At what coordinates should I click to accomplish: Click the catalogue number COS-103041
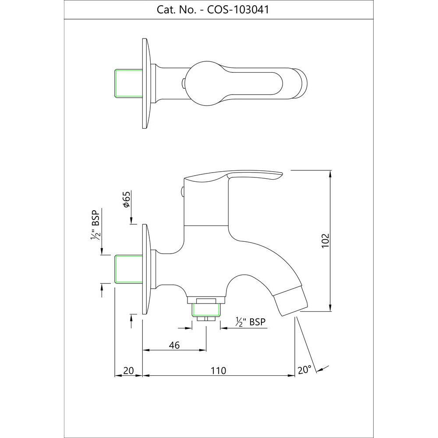tap(238, 10)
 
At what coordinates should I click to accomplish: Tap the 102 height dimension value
tap(325, 240)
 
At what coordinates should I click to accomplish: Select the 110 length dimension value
tap(218, 371)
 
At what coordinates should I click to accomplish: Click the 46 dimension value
tap(174, 345)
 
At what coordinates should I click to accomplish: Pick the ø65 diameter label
tap(127, 199)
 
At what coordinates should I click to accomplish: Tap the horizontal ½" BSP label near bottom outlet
tap(250, 322)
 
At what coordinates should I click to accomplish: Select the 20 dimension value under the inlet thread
tap(128, 371)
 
